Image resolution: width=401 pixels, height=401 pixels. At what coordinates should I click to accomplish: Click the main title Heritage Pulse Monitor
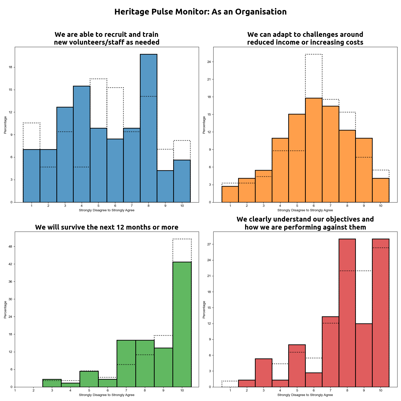coord(200,12)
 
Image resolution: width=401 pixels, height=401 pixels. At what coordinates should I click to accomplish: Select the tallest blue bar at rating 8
coord(148,128)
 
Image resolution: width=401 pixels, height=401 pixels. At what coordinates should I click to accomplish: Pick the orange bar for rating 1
coord(230,194)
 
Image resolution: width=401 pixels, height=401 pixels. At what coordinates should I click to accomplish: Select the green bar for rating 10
coord(182,324)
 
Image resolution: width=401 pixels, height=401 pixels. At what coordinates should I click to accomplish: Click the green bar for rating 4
coord(70,385)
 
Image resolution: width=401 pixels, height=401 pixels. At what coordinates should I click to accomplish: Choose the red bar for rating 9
coord(364,355)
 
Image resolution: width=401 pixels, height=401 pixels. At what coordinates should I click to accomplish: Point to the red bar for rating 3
coord(263,373)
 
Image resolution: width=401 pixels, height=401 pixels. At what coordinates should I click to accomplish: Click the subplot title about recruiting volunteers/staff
coord(107,38)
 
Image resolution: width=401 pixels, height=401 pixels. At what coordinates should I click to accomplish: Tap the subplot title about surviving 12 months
coord(107,227)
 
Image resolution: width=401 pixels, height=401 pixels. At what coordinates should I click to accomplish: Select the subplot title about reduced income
coord(305,38)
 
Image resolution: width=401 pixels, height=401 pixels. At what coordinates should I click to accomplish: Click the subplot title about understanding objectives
coord(305,223)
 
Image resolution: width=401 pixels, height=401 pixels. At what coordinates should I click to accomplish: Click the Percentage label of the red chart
coord(204,310)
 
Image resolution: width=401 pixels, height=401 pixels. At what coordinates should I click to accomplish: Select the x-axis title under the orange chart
coord(305,210)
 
